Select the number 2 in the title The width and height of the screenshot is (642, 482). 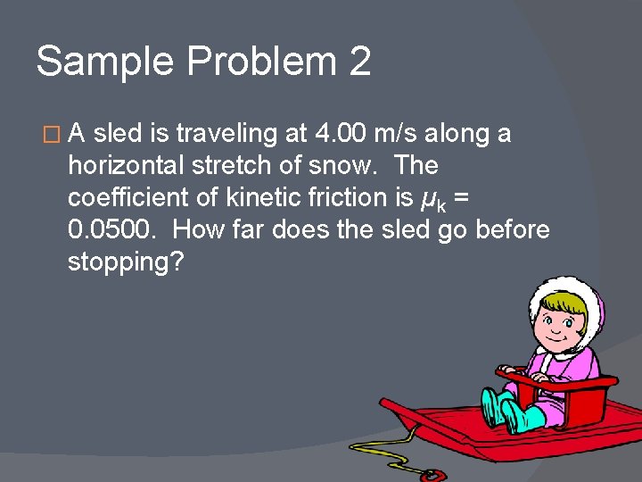pyautogui.click(x=359, y=62)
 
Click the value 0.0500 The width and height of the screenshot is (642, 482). pyautogui.click(x=112, y=230)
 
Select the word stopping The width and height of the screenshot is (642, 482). pyautogui.click(x=124, y=263)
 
